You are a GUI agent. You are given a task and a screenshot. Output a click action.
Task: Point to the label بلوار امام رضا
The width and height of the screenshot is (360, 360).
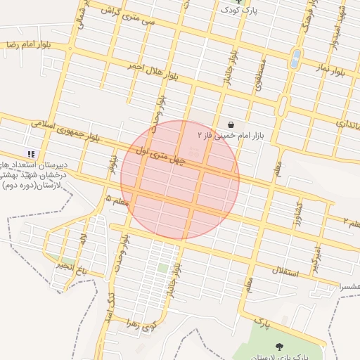click(x=22, y=44)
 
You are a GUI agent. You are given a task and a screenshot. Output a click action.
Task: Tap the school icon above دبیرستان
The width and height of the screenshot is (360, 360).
click(x=30, y=154)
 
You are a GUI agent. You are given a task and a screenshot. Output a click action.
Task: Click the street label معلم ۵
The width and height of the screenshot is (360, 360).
click(x=117, y=201)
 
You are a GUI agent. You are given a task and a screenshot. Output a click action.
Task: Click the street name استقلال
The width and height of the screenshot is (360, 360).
click(x=285, y=271)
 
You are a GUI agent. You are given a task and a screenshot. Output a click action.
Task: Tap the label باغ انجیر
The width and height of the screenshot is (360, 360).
click(x=73, y=267)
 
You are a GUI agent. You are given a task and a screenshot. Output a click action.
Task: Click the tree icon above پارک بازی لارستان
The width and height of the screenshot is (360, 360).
click(x=280, y=347)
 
